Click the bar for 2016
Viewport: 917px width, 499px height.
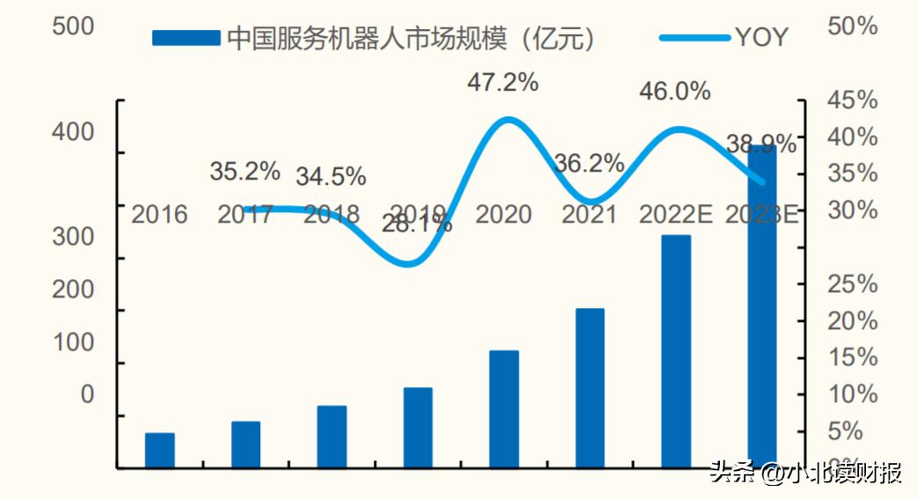(160, 450)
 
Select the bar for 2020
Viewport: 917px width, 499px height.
(505, 408)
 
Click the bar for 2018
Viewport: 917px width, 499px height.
(332, 437)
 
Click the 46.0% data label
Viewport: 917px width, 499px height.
(674, 92)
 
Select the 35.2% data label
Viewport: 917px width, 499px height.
(244, 171)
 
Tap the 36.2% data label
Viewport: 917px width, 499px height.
(589, 164)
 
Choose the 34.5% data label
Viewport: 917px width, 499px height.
(331, 176)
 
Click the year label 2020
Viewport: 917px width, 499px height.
(504, 214)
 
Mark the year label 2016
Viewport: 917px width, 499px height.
(159, 214)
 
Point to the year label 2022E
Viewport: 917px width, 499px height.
(675, 214)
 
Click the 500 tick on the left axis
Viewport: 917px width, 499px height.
(73, 26)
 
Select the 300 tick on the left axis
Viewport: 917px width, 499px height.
(73, 237)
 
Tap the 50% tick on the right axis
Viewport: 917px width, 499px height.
(853, 26)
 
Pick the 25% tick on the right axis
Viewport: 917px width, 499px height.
(853, 283)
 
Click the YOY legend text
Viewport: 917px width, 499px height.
(761, 37)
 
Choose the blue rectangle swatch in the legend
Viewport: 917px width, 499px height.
(186, 37)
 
